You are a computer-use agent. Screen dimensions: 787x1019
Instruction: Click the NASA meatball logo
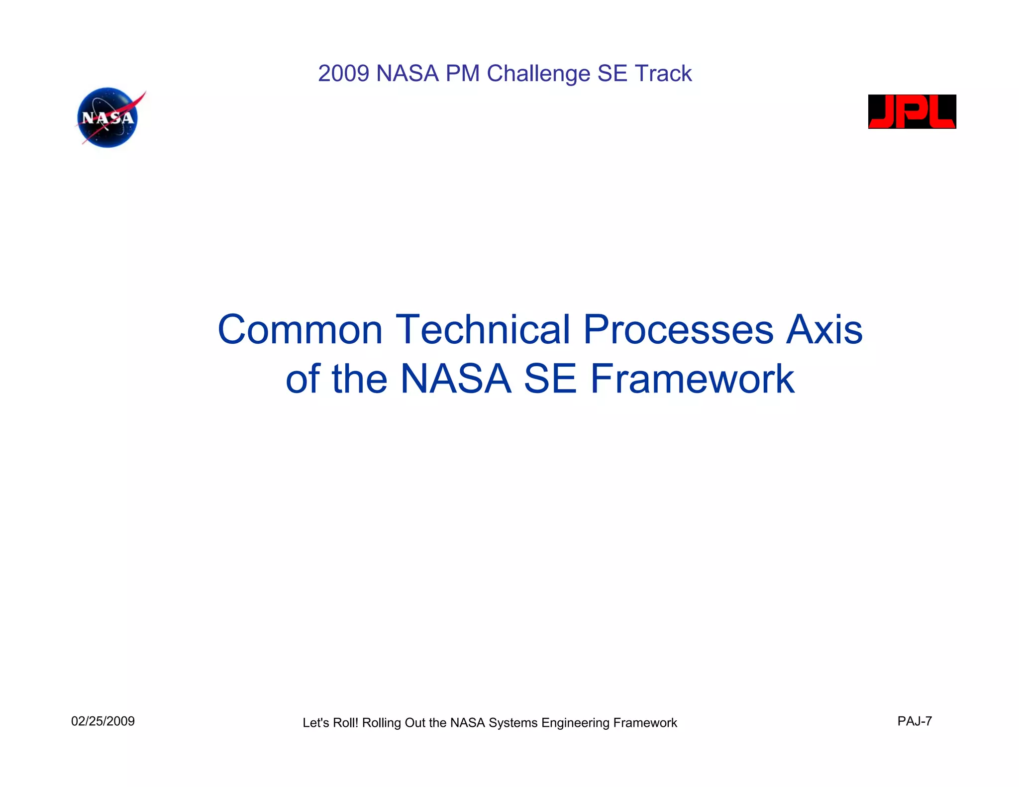pos(107,118)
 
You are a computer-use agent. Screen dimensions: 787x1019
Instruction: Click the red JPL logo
pos(912,111)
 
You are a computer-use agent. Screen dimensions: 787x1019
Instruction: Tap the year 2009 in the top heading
pos(343,74)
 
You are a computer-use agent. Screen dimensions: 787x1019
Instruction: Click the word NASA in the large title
pos(456,379)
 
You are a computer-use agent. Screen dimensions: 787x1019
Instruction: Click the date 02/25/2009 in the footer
pos(103,721)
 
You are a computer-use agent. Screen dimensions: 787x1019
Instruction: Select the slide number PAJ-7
pos(915,721)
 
